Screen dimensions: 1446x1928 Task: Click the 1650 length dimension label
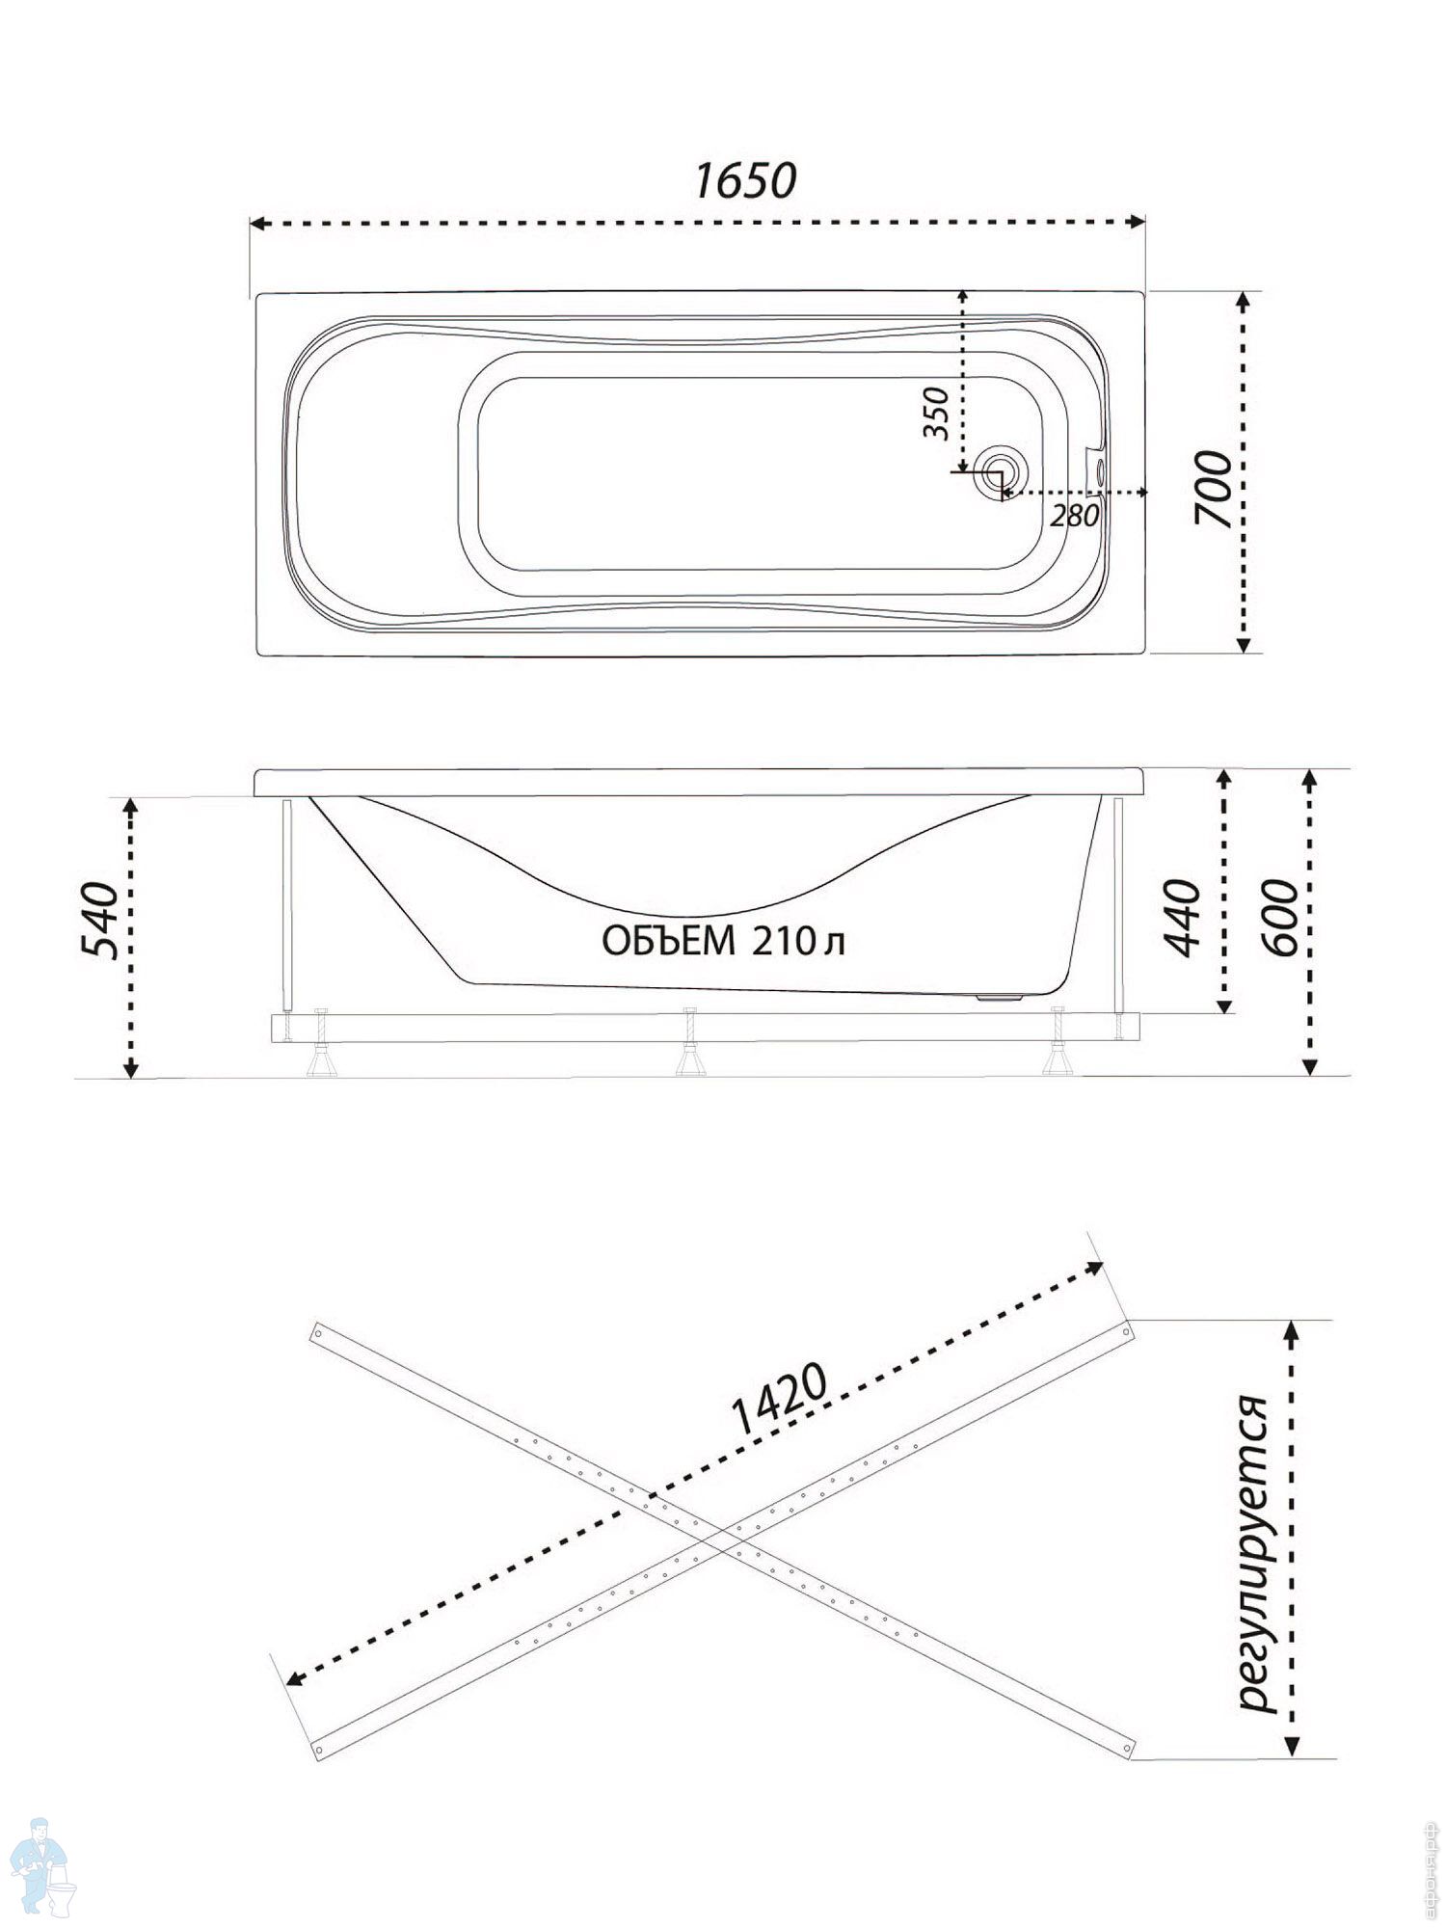[746, 181]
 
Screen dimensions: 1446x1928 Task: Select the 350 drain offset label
[936, 414]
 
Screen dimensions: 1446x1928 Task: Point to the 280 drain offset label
[1074, 516]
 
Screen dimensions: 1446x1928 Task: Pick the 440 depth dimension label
[1184, 918]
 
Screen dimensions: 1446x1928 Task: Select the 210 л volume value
[799, 942]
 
